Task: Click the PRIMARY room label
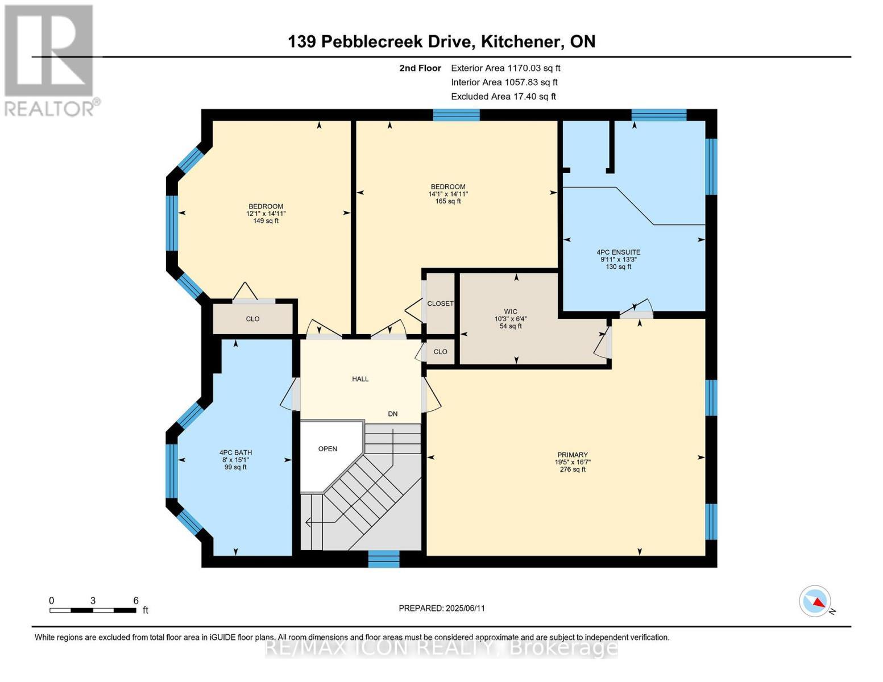572,455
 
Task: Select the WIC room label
511,311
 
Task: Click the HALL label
360,379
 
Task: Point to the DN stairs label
392,414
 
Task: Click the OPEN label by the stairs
328,448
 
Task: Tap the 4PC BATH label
235,453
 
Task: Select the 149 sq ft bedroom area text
266,221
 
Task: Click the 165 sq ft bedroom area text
448,201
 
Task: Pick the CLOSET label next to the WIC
440,303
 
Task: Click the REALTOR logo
50,60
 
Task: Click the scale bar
93,610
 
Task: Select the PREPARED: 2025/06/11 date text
442,608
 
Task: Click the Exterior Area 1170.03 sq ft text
505,68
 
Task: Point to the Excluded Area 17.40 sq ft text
503,97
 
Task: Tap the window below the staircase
384,559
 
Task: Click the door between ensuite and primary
636,311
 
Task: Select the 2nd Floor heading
420,68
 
